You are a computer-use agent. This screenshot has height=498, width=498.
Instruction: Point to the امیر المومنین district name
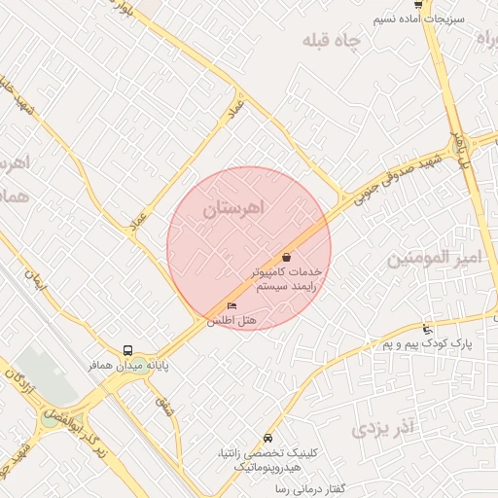click(x=434, y=259)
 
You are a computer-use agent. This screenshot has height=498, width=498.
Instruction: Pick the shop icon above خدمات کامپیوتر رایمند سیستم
click(x=286, y=258)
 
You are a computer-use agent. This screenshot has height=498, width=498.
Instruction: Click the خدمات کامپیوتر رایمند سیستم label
click(x=286, y=280)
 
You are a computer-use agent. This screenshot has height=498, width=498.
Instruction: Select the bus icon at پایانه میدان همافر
click(x=128, y=350)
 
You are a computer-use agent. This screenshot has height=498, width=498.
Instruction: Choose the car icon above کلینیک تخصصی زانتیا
click(x=267, y=438)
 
